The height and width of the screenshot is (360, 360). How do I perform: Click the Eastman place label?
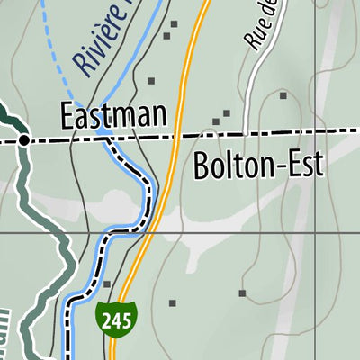coord(114,115)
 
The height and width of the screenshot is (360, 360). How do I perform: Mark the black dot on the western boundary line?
coord(24,139)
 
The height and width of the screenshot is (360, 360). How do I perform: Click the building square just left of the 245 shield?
coord(106,284)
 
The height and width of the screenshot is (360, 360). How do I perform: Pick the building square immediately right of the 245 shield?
coord(173,303)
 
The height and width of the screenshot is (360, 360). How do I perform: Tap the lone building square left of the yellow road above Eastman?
coord(151,81)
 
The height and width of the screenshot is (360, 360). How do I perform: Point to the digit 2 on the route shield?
coord(104,319)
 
